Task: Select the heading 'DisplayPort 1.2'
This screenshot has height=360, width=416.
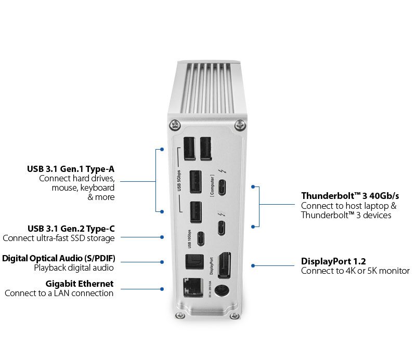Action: pos(333,261)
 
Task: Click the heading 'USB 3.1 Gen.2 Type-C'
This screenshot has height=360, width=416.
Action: pos(71,229)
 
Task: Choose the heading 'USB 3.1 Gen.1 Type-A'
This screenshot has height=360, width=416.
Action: pos(71,169)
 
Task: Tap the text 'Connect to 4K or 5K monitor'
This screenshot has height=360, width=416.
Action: pos(355,271)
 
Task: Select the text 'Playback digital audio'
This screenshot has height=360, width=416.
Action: pos(74,268)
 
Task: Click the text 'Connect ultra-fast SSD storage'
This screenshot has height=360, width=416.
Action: pos(58,238)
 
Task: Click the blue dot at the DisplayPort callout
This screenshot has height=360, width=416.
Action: pos(253,265)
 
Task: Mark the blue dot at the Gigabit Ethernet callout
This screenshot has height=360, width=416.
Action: pos(162,289)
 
